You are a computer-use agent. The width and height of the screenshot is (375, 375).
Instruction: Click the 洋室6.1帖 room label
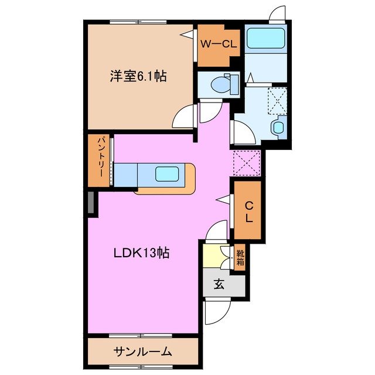pyautogui.click(x=137, y=76)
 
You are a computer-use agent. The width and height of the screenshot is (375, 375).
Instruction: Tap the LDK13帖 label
pyautogui.click(x=142, y=253)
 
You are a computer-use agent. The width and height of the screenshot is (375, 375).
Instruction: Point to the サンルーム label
pyautogui.click(x=143, y=352)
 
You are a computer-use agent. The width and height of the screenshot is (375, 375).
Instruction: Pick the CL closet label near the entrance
pyautogui.click(x=248, y=211)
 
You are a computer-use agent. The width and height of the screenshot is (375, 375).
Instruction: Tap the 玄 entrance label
pyautogui.click(x=219, y=285)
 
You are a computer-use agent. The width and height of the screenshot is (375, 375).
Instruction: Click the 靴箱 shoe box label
pyautogui.click(x=240, y=258)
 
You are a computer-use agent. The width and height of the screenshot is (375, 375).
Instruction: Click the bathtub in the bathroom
pyautogui.click(x=265, y=39)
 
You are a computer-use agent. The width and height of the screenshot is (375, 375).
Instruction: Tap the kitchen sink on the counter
pyautogui.click(x=167, y=173)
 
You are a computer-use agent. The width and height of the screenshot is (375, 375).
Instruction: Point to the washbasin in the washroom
pyautogui.click(x=278, y=127)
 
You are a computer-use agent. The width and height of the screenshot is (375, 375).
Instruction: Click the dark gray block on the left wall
pyautogui.click(x=91, y=203)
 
